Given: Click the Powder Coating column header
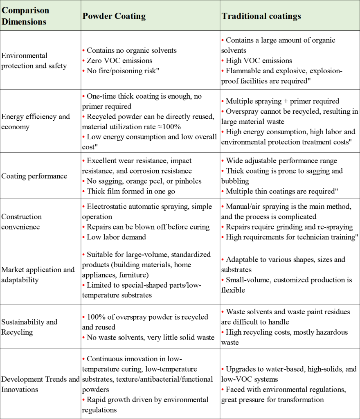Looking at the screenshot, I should click(x=114, y=16).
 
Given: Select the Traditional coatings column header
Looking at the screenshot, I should click(x=261, y=16).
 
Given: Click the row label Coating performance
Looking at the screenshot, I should click(x=34, y=176).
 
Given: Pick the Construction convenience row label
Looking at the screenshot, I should click(x=22, y=221).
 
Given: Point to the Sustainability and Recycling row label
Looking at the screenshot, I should click(x=29, y=327).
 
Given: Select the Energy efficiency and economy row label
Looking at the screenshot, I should click(x=36, y=122).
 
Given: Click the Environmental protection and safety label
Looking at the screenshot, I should click(x=34, y=61).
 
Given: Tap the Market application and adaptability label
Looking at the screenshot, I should click(x=38, y=275).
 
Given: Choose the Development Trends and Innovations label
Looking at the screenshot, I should click(x=40, y=384).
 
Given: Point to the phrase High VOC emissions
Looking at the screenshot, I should click(x=259, y=61).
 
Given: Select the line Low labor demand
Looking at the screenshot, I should click(x=116, y=237).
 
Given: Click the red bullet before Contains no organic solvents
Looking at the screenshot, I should click(x=83, y=51).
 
